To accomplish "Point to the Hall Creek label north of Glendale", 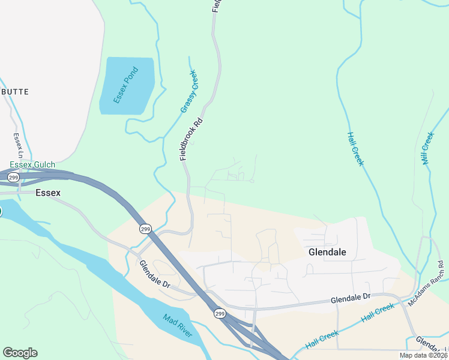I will point(355,149).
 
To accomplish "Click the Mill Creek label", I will point(427,148).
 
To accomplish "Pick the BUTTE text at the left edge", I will point(14,92).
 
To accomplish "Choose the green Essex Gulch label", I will point(32,165).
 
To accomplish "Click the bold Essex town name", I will point(48,193).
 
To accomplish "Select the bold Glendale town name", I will point(327,252).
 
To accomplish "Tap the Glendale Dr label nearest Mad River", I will point(155,274).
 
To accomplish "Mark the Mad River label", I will point(178,325).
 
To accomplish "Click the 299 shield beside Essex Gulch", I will point(14,178).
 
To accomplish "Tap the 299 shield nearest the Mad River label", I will point(220,313).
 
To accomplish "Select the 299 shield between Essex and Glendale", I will point(145,229).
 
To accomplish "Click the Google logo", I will point(20,353).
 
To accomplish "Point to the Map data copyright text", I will point(424,355).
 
